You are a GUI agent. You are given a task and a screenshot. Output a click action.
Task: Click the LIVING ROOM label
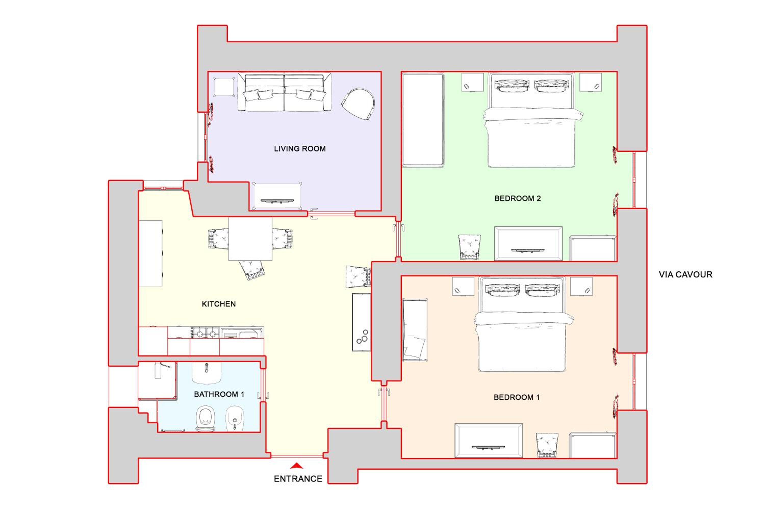coord(300,149)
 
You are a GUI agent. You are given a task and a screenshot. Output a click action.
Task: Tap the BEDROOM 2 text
coord(517,198)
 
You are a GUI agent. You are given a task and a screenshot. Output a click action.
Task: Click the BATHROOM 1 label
coord(219,394)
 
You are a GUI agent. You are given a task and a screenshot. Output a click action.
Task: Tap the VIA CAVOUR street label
coord(685,275)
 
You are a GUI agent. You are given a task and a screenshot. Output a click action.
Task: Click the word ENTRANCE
coord(298,479)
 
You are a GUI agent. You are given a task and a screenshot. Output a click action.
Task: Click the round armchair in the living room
coord(358,104)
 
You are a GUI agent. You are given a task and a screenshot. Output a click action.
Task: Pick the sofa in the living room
coord(285,92)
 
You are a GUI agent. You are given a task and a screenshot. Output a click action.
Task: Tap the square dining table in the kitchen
coord(250,239)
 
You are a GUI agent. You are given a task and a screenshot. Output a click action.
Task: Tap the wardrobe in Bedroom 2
coord(423,120)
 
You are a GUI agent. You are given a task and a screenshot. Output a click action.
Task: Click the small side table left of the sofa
coord(224,87)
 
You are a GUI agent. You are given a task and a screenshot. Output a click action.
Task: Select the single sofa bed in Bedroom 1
coord(415,330)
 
